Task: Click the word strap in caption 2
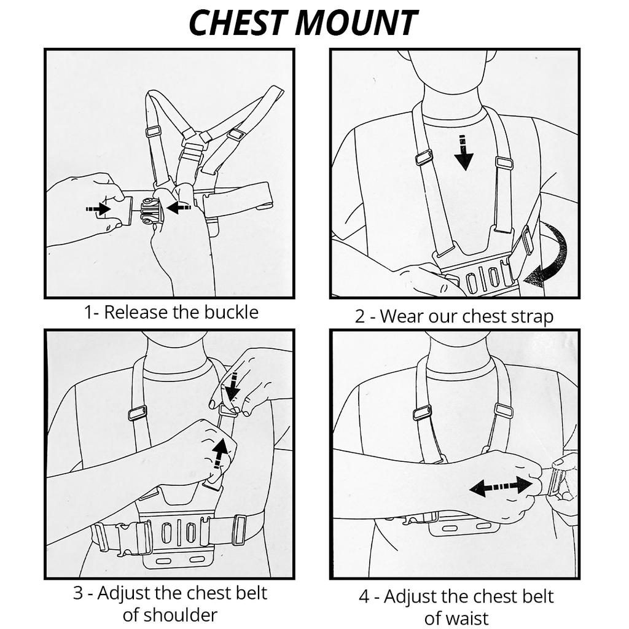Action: pyautogui.click(x=532, y=316)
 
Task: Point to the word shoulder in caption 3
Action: pyautogui.click(x=170, y=614)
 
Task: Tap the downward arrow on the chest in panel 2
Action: pyautogui.click(x=464, y=155)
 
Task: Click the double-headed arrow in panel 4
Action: pyautogui.click(x=501, y=486)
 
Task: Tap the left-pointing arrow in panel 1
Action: pyautogui.click(x=179, y=208)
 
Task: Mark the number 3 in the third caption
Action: pyautogui.click(x=78, y=593)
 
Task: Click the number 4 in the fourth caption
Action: pyautogui.click(x=364, y=596)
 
